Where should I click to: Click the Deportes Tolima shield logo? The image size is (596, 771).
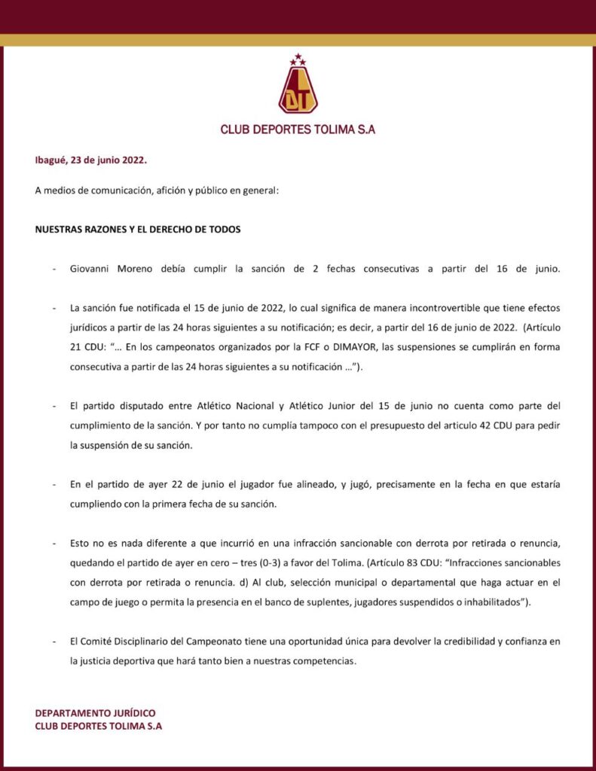pos(298,89)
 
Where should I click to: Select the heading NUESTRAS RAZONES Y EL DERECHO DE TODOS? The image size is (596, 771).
pos(138,229)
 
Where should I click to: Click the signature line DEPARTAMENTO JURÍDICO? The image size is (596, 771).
pos(96,713)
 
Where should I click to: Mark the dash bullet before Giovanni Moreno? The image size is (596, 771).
pos(53,269)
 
